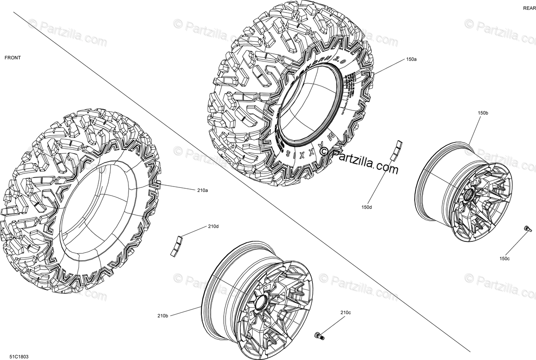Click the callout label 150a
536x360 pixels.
pyautogui.click(x=411, y=59)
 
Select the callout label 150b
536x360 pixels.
pyautogui.click(x=483, y=113)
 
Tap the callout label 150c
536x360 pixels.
pyautogui.click(x=505, y=258)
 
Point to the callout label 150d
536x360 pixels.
pyautogui.click(x=366, y=207)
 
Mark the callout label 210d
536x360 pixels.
pyautogui.click(x=213, y=227)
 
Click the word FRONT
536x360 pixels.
pyautogui.click(x=13, y=58)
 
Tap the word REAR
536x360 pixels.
pyautogui.click(x=528, y=9)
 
